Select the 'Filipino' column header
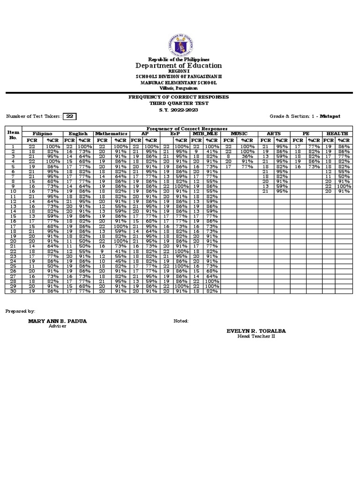click(42, 134)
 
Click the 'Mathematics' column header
click(112, 134)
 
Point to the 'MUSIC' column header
click(239, 134)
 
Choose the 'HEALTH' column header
click(337, 134)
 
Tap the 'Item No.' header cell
click(13, 135)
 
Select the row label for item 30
click(13, 291)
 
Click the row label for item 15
click(13, 216)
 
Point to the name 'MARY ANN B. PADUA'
click(57, 321)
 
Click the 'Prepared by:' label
click(20, 311)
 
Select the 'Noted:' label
click(181, 321)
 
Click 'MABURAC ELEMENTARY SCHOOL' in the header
click(180, 82)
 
